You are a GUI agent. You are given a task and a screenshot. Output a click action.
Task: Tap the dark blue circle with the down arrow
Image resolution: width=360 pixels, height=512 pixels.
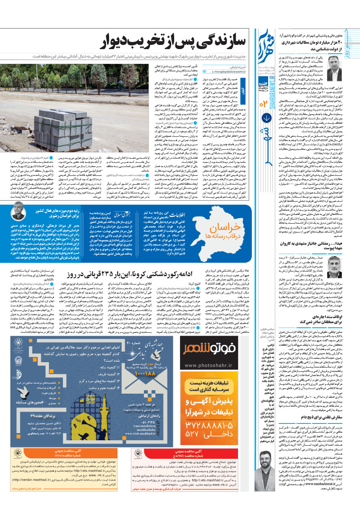click(266, 119)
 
